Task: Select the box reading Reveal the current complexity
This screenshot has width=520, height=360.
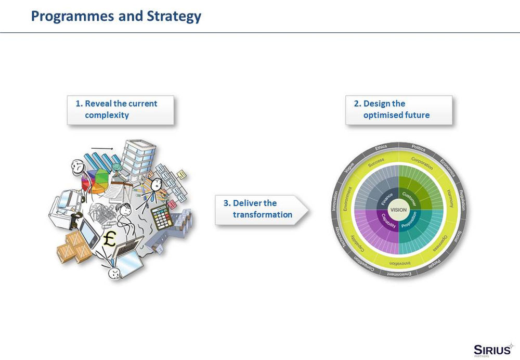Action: pos(120,109)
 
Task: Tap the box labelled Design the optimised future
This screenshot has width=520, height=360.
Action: pos(399,109)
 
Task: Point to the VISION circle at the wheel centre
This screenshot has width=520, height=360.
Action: pos(398,209)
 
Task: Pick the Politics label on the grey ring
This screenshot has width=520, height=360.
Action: pos(418,149)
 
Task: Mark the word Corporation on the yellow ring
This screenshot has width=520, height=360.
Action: pos(422,163)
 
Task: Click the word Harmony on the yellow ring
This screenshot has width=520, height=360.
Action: pos(450,198)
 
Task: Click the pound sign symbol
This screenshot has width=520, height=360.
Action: pos(110,239)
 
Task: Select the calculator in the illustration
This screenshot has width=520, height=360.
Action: pos(162,216)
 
